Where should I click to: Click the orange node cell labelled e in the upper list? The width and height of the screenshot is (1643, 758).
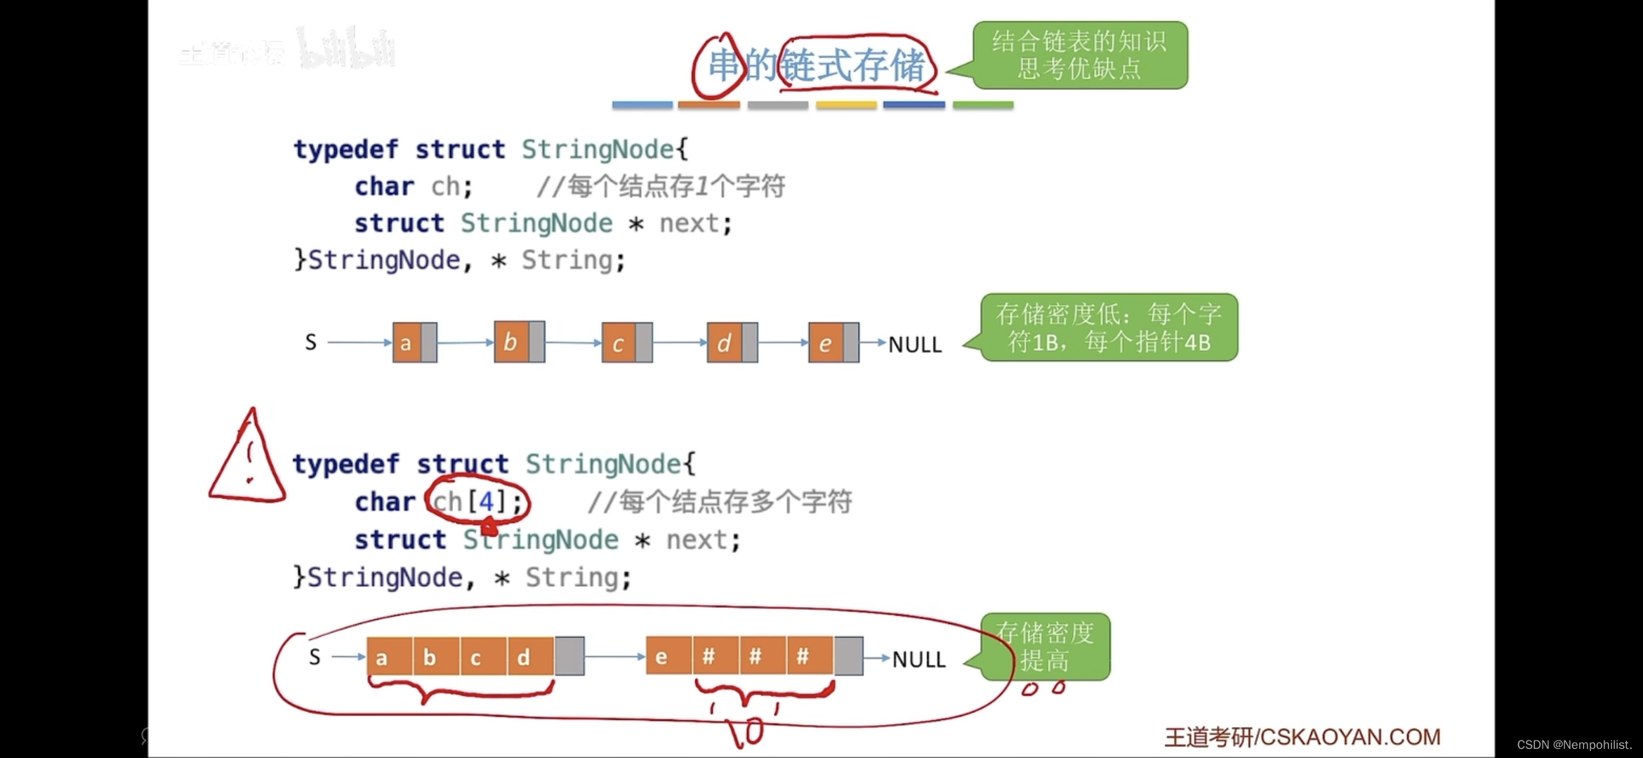[826, 343]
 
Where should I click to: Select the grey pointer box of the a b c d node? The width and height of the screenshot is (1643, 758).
[569, 656]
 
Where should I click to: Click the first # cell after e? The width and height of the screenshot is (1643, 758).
[709, 656]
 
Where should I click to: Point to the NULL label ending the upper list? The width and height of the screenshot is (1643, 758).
[915, 345]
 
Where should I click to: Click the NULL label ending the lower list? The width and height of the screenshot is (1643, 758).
[918, 659]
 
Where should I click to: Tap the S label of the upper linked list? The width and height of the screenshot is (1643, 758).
[311, 343]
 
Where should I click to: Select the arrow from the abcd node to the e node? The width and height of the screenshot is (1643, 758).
[614, 657]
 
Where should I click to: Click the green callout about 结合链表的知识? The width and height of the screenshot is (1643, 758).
[1080, 55]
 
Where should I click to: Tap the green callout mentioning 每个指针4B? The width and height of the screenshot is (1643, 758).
[1109, 327]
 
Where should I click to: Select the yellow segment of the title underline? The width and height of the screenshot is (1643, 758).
[846, 105]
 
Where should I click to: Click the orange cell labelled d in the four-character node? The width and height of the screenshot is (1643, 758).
[524, 657]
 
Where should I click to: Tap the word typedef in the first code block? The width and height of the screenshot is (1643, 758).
[345, 149]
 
